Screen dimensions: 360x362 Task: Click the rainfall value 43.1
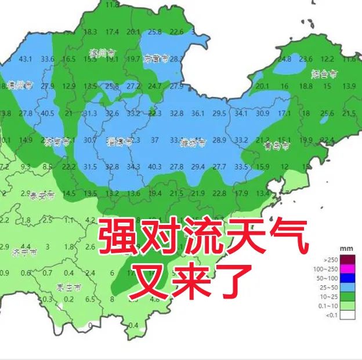click(26, 59)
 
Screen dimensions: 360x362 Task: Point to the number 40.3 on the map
click(154, 167)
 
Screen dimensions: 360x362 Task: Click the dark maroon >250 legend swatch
click(347, 259)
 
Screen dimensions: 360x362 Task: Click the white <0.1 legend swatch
click(347, 316)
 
